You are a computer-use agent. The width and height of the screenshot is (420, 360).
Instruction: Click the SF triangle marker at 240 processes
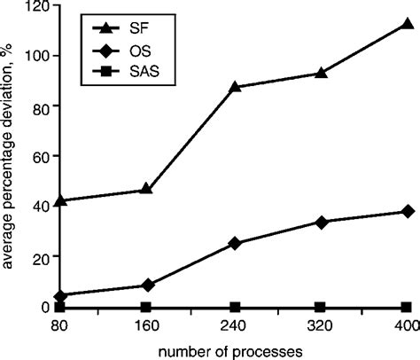(x=235, y=87)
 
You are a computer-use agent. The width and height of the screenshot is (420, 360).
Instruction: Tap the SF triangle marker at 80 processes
(x=59, y=200)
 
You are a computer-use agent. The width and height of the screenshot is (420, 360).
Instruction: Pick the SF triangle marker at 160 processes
(x=147, y=190)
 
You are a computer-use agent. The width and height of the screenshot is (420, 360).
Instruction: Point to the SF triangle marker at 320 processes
(x=322, y=73)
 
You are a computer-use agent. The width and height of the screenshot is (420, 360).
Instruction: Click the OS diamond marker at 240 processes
(x=235, y=243)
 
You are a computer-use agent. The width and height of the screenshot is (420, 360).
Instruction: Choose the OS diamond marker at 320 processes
(x=322, y=222)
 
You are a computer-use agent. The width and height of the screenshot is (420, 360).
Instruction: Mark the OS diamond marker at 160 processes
(x=147, y=286)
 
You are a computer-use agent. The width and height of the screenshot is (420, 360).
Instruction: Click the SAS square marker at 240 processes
(x=235, y=306)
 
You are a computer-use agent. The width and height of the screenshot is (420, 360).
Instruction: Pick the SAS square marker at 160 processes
(x=147, y=306)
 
